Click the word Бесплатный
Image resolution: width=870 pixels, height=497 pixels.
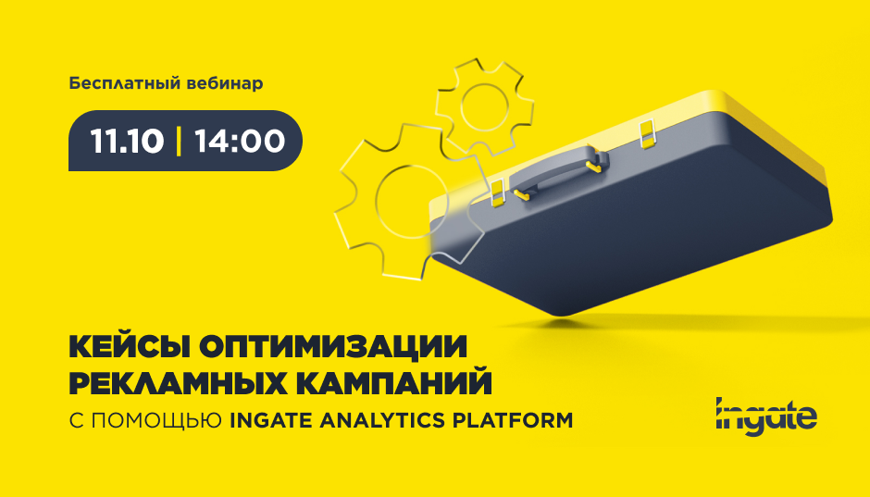[x=120, y=84]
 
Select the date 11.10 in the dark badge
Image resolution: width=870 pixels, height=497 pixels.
[x=128, y=142]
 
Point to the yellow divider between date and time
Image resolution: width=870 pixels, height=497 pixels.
[x=180, y=142]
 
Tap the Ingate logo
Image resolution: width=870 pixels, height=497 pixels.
[x=765, y=416]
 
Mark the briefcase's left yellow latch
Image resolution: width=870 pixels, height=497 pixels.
[x=497, y=191]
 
